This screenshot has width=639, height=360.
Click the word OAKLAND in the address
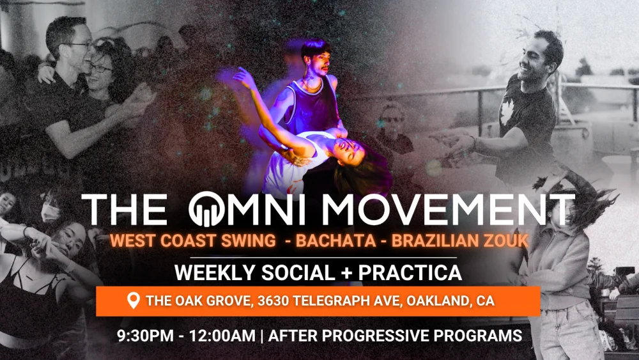click(x=438, y=301)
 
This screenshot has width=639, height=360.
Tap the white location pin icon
click(x=134, y=301)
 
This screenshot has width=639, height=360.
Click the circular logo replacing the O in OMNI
click(x=206, y=209)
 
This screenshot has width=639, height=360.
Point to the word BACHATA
click(x=336, y=240)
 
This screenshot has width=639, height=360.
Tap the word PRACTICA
click(x=410, y=273)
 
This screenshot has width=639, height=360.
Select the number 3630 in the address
click(x=273, y=301)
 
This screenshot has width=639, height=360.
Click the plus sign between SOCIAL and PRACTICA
click(x=347, y=273)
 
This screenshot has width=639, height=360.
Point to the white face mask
click(x=50, y=212)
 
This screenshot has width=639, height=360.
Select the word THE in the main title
click(x=125, y=209)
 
